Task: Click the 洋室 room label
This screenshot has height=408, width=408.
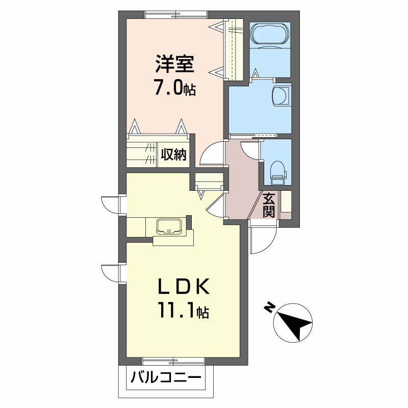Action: click(175, 64)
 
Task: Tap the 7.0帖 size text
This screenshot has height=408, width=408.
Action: click(175, 88)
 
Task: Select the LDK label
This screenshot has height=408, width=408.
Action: click(184, 286)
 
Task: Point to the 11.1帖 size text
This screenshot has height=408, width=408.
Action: click(184, 310)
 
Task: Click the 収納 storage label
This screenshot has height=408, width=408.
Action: click(173, 155)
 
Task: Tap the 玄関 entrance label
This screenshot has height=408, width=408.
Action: click(269, 206)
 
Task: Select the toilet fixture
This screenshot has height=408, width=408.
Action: click(278, 171)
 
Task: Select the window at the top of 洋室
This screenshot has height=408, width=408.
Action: click(176, 14)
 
